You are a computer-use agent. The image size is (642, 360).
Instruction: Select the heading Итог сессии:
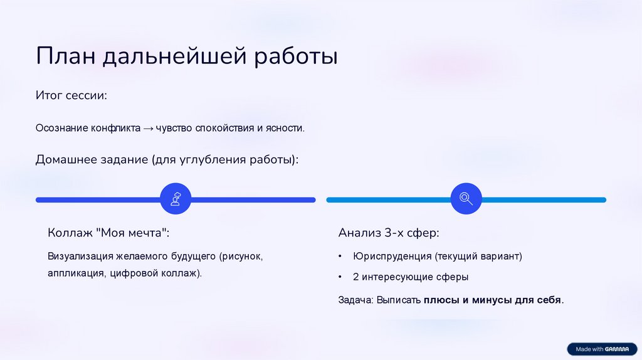pyautogui.click(x=71, y=96)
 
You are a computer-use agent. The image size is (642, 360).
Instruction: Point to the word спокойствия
pyautogui.click(x=226, y=128)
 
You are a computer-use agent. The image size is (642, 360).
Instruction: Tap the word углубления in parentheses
pyautogui.click(x=210, y=160)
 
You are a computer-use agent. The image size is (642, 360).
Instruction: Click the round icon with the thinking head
pyautogui.click(x=176, y=199)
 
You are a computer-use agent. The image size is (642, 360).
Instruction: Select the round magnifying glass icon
pyautogui.click(x=466, y=199)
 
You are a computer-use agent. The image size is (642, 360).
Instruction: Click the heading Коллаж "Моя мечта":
pyautogui.click(x=108, y=233)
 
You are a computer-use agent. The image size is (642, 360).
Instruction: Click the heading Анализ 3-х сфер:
pyautogui.click(x=389, y=233)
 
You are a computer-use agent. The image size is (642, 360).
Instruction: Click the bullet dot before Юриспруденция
pyautogui.click(x=340, y=257)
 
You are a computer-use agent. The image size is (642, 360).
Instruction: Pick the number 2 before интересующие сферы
pyautogui.click(x=355, y=277)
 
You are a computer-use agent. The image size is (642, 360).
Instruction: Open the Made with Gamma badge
pyautogui.click(x=598, y=349)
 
